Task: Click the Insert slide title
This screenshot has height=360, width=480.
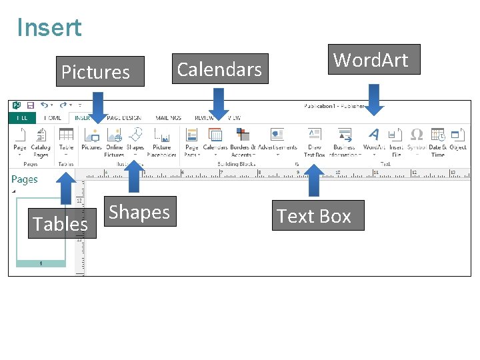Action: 49,28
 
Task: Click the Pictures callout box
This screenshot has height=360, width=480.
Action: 100,71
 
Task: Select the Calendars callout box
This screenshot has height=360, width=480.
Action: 220,69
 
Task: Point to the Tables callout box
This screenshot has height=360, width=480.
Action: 61,223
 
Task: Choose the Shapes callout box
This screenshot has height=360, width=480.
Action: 140,211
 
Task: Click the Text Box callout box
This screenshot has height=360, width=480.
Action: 317,215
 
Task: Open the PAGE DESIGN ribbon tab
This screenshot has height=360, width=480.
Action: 123,118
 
